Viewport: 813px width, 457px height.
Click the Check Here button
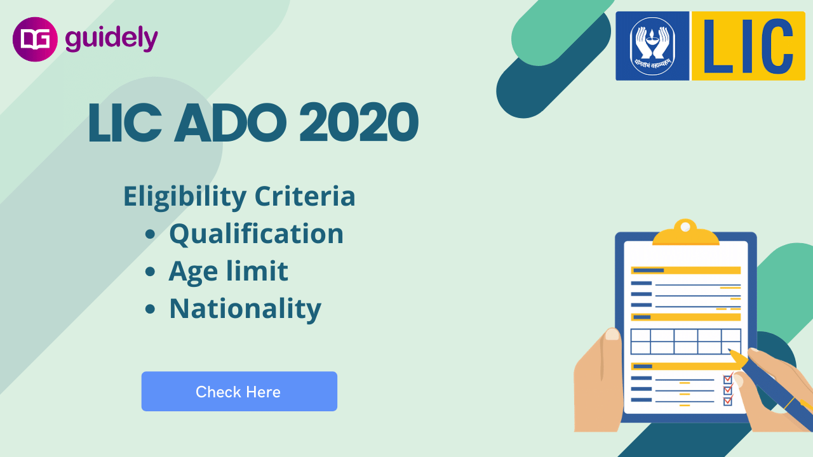(x=239, y=392)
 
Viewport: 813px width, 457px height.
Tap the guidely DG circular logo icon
(x=36, y=39)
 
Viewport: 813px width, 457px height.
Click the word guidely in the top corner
(x=111, y=39)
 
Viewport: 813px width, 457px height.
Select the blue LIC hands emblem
(x=652, y=46)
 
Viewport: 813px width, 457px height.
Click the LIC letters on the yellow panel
(x=748, y=46)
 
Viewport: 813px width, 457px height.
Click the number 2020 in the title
(x=359, y=123)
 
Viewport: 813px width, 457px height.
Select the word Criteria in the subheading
(x=305, y=196)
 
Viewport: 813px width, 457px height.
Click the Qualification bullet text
(x=256, y=234)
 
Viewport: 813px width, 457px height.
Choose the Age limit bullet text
(x=228, y=271)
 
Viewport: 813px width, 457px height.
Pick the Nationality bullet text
(x=245, y=308)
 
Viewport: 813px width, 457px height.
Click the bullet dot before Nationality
(x=150, y=309)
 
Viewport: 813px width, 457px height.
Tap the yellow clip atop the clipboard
(x=685, y=234)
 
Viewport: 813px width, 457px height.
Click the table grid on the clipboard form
(x=685, y=341)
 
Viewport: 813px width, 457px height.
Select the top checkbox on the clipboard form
(x=728, y=380)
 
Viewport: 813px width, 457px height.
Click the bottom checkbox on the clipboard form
(x=728, y=401)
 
